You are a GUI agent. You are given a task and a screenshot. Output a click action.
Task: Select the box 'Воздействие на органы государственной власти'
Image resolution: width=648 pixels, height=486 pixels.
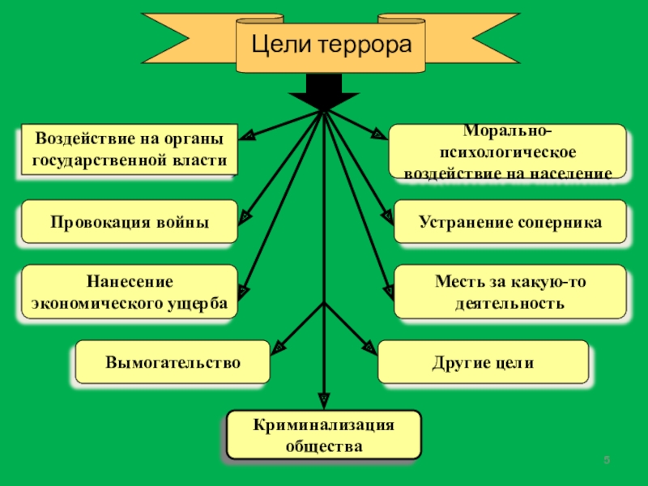(129, 150)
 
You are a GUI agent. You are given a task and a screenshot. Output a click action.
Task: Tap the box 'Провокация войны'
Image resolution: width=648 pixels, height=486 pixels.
(129, 222)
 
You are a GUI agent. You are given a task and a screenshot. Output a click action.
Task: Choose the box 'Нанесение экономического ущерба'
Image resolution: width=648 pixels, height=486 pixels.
(129, 292)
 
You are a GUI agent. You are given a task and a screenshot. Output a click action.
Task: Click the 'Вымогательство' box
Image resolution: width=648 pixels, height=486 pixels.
(173, 361)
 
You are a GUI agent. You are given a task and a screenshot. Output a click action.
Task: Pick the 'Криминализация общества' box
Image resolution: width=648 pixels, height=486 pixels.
(324, 435)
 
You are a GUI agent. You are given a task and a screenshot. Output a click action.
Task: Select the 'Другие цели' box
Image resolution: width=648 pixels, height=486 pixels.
(483, 361)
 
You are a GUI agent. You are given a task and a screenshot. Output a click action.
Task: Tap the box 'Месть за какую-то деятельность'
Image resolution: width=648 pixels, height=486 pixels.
(510, 292)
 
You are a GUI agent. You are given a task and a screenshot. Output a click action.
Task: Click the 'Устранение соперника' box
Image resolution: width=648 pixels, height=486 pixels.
(510, 222)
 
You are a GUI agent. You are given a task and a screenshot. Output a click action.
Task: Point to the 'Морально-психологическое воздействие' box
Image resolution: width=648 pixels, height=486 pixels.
(508, 151)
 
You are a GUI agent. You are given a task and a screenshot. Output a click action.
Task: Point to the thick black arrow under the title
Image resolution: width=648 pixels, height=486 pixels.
(324, 92)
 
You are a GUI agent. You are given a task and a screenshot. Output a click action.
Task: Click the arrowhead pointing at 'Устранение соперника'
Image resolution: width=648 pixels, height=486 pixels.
(388, 216)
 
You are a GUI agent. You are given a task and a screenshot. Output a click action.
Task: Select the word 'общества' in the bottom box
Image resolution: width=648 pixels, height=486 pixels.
(324, 446)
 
